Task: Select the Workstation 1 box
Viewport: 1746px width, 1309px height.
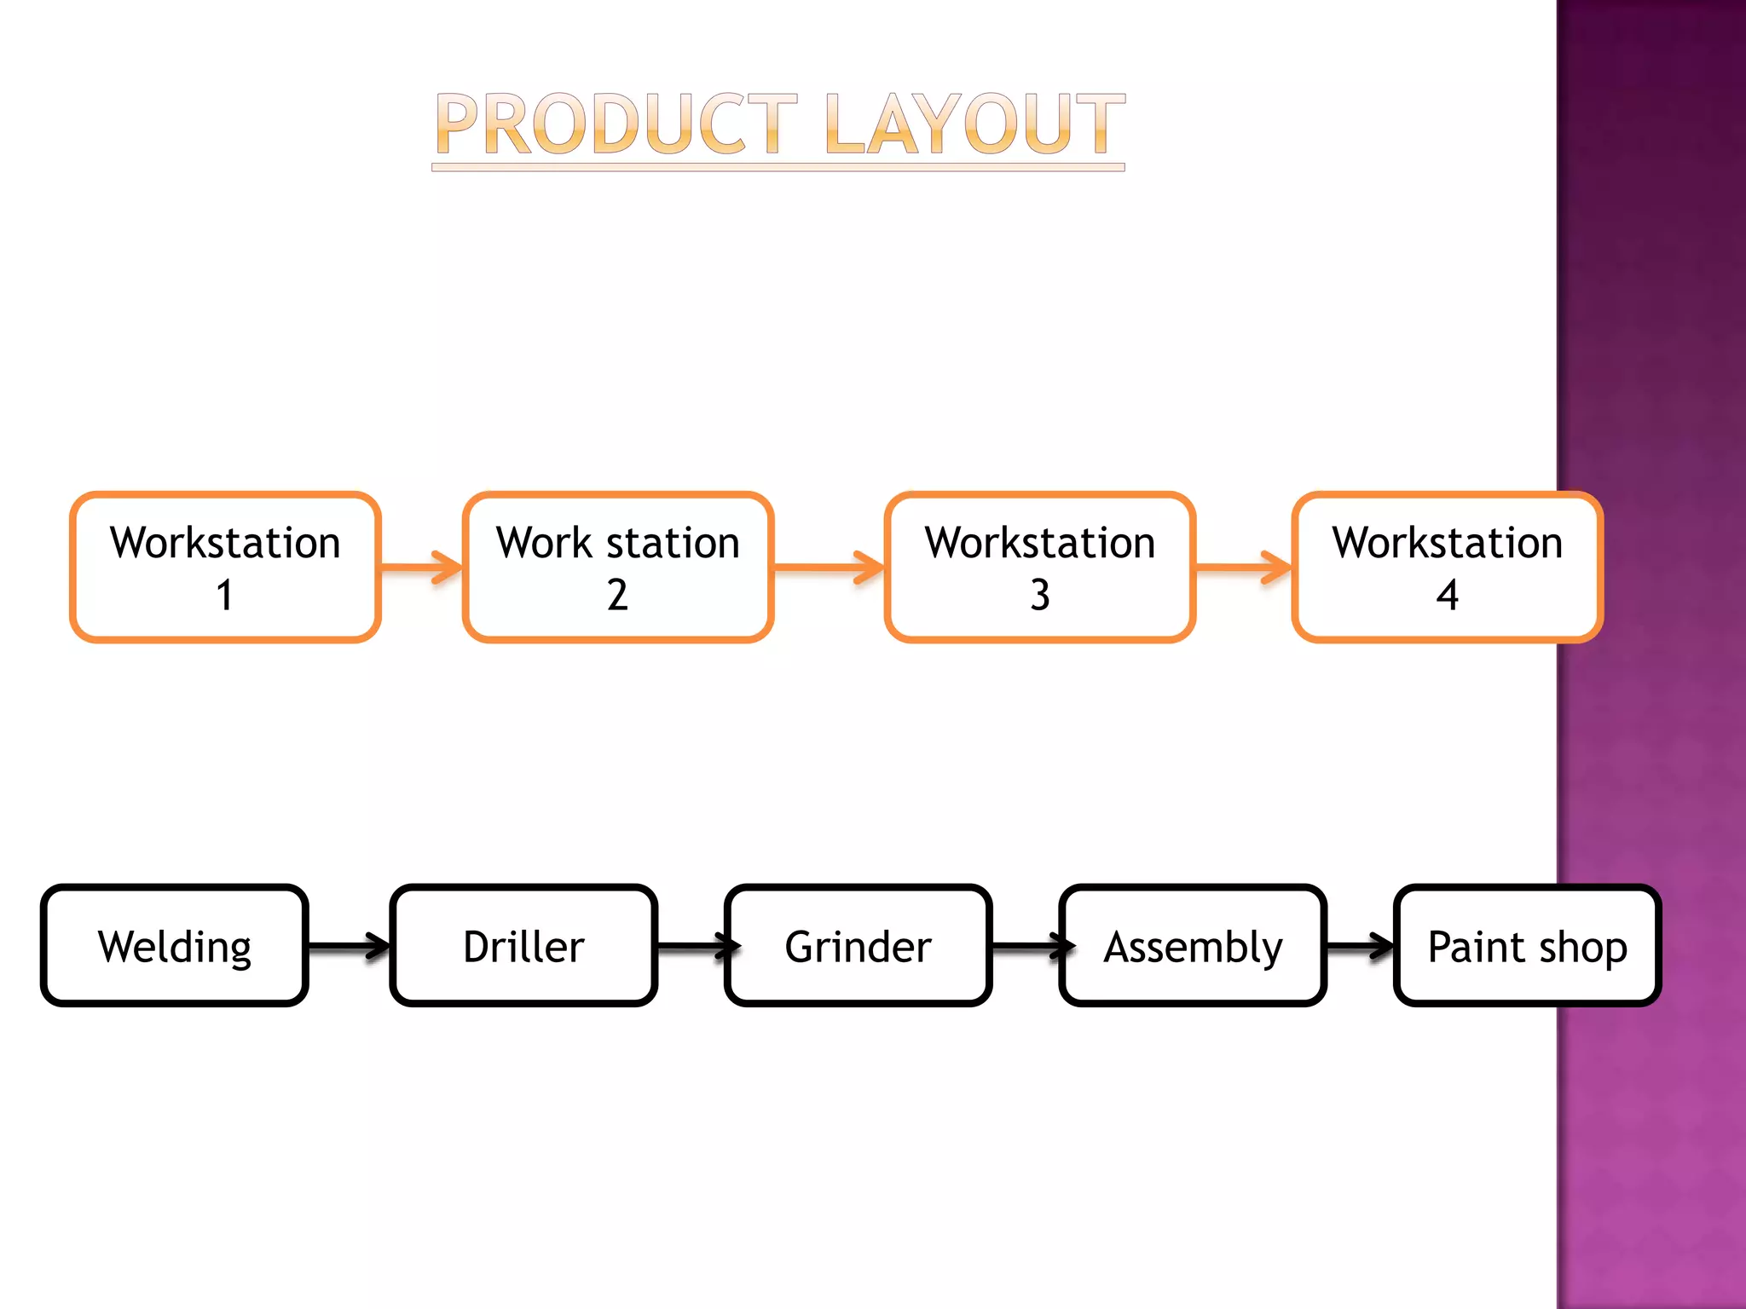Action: pyautogui.click(x=225, y=567)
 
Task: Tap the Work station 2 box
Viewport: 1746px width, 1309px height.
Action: pyautogui.click(x=618, y=567)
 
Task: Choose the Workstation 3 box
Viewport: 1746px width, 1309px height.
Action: pyautogui.click(x=1040, y=567)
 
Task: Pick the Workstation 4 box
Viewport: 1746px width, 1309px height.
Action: pyautogui.click(x=1447, y=567)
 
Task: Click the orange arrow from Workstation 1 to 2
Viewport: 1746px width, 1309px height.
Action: pyautogui.click(x=421, y=567)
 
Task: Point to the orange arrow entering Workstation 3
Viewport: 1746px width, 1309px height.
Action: pyautogui.click(x=829, y=567)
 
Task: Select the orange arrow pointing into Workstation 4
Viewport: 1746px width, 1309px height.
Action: pyautogui.click(x=1243, y=567)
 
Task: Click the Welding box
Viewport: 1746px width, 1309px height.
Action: pyautogui.click(x=175, y=946)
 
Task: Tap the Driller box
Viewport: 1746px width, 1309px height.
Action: pyautogui.click(x=523, y=946)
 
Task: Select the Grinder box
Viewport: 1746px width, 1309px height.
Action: pyautogui.click(x=858, y=946)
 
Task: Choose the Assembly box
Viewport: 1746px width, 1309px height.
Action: pyautogui.click(x=1193, y=946)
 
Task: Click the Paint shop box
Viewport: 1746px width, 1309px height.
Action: pyautogui.click(x=1527, y=946)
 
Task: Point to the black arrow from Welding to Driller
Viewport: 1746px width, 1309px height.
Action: pyautogui.click(x=348, y=946)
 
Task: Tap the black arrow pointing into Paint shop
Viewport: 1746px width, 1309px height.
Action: pyautogui.click(x=1361, y=946)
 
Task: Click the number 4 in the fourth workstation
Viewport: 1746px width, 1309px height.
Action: pyautogui.click(x=1447, y=595)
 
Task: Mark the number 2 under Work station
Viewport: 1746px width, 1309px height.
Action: pyautogui.click(x=617, y=595)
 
